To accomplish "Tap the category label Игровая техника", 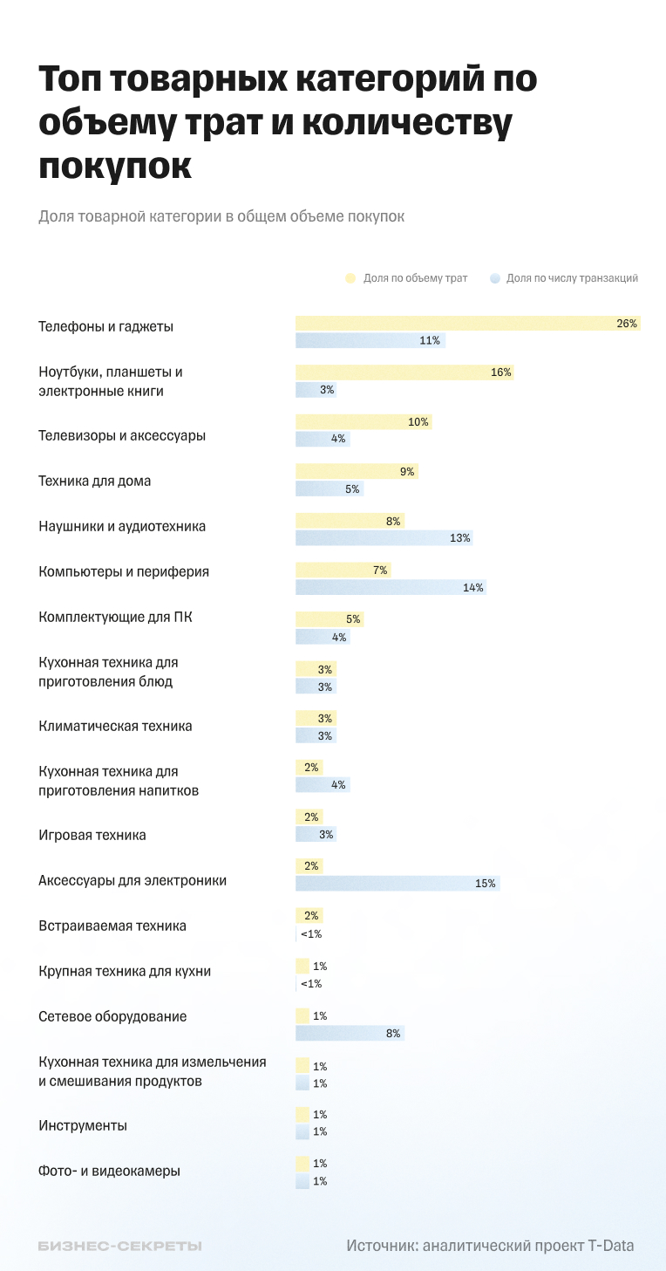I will (x=92, y=836).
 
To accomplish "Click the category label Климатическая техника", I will (x=115, y=727).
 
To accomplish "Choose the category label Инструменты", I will (x=83, y=1126).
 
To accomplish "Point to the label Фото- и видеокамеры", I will (x=110, y=1172).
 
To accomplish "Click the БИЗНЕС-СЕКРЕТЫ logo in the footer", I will (x=119, y=1247).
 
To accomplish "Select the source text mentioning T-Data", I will (x=490, y=1246).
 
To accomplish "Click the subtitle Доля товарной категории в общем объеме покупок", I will (x=221, y=216).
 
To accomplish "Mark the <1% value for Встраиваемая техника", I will (x=310, y=934).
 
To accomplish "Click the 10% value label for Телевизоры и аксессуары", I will (x=418, y=422).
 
